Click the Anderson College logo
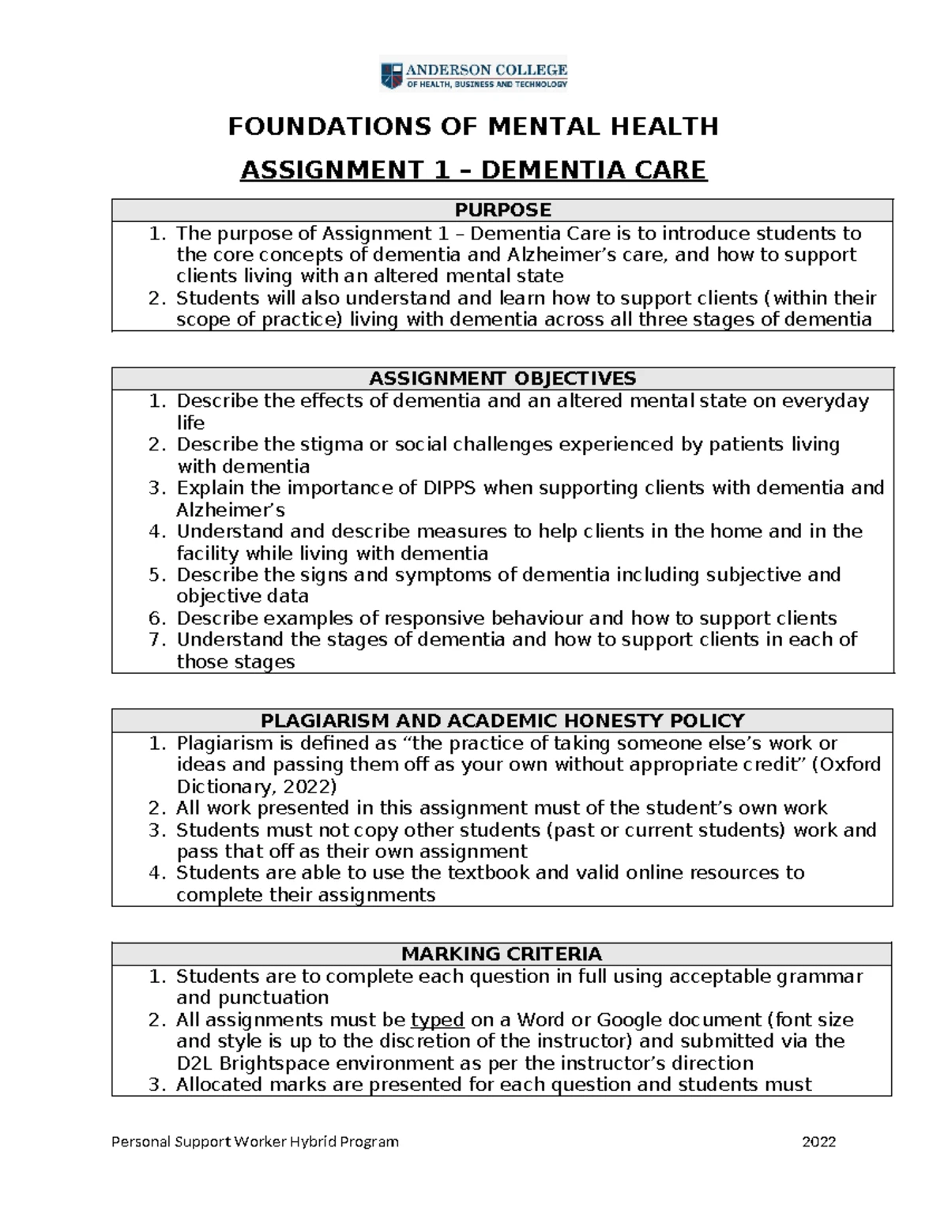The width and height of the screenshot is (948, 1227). [473, 76]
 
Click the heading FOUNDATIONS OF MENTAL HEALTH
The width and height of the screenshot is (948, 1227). [473, 126]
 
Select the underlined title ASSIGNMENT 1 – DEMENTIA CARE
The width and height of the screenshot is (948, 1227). [473, 170]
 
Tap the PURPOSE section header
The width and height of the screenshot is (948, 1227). [502, 210]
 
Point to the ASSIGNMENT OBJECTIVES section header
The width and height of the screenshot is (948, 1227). [502, 378]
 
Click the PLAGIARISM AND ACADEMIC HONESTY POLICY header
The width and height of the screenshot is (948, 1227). [502, 721]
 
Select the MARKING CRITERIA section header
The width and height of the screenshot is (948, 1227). [502, 954]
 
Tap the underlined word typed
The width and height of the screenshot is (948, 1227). [437, 1019]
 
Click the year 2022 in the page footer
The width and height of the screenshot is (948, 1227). [818, 1141]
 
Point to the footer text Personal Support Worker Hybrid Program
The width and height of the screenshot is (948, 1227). [255, 1141]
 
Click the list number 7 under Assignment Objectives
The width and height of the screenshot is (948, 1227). [156, 639]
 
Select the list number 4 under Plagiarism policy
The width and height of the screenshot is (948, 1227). [156, 872]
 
